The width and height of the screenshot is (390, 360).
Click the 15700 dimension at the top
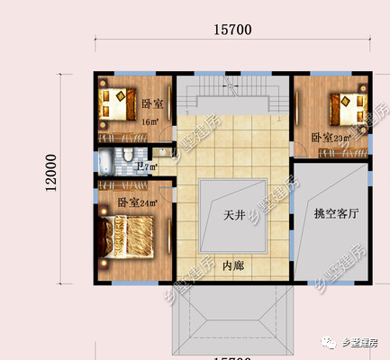231,30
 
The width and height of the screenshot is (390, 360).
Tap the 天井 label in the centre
233,217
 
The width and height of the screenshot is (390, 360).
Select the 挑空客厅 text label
336,215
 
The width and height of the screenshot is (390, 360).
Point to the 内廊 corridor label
232,265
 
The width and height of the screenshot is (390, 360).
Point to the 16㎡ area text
149,121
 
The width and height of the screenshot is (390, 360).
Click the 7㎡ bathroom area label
147,166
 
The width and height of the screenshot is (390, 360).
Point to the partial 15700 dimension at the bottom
232,357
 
